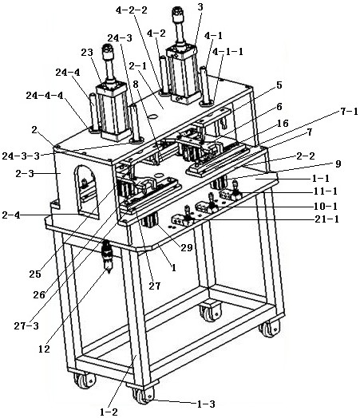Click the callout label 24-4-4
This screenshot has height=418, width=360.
click(x=45, y=96)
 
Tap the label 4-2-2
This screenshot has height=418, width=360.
click(x=132, y=10)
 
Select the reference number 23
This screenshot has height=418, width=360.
click(x=87, y=53)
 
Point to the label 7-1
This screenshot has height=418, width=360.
click(x=349, y=112)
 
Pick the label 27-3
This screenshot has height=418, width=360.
click(x=26, y=325)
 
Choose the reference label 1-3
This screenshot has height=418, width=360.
click(x=206, y=404)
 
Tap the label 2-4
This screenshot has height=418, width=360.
click(x=11, y=215)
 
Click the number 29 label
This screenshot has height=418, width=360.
click(x=187, y=247)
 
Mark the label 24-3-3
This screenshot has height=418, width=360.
click(x=21, y=156)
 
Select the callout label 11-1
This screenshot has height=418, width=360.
click(x=326, y=191)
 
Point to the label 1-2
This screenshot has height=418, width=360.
click(x=109, y=412)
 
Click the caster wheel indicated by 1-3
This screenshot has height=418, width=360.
click(x=144, y=395)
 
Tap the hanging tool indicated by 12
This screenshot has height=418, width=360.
click(x=108, y=256)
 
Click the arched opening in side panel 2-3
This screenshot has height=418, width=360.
click(x=86, y=192)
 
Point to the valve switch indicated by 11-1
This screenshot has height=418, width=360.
click(x=231, y=192)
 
